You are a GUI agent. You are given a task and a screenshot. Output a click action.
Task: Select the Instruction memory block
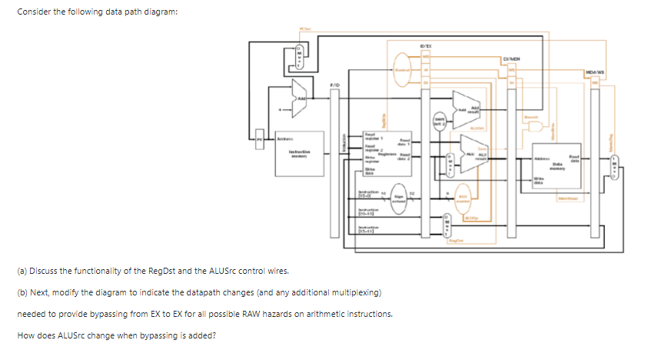point(298,152)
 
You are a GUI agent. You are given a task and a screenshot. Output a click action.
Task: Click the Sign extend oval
point(400,195)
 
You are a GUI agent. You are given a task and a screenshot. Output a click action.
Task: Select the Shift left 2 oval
point(439,123)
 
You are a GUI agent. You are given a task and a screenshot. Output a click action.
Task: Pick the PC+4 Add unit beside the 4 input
point(300,98)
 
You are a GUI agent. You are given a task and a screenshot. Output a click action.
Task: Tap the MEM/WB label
point(594,72)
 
